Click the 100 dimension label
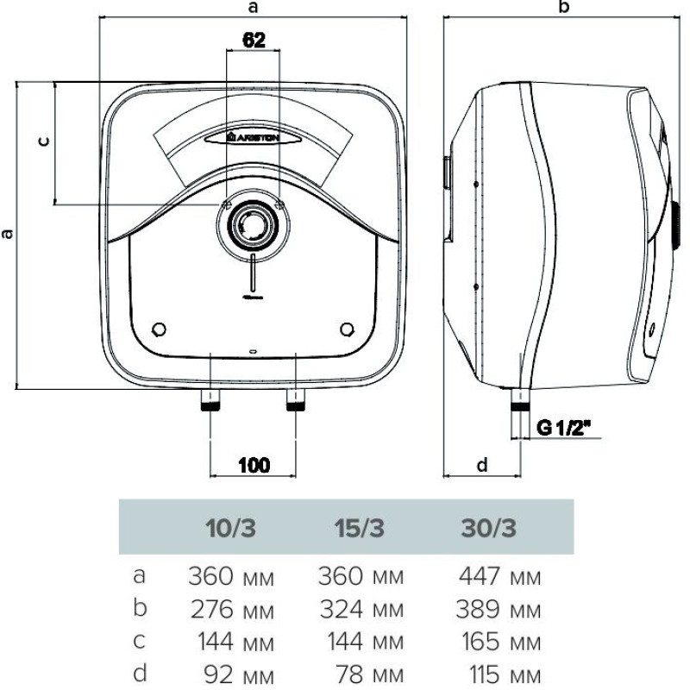[253, 465]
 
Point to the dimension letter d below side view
[482, 465]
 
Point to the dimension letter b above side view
[565, 9]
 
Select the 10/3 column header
[232, 528]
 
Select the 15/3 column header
[361, 528]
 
